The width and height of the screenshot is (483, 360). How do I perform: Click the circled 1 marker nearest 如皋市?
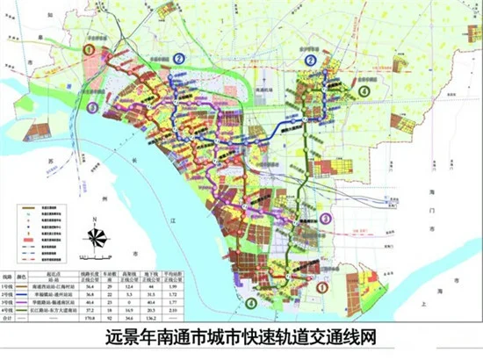point(88,51)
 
